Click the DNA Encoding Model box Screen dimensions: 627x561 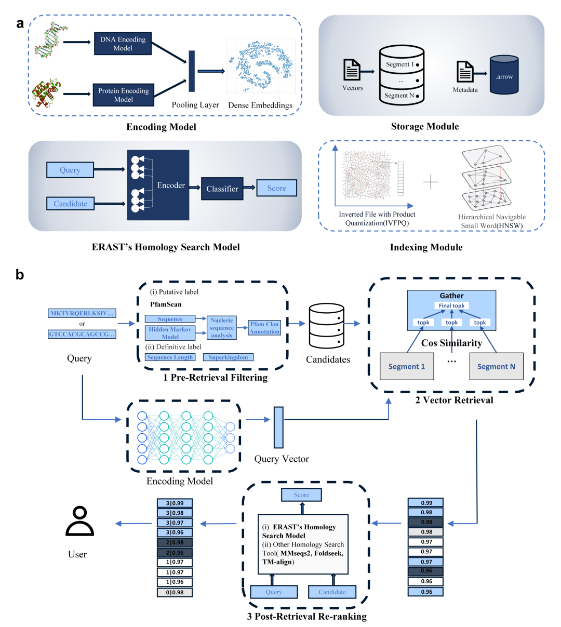click(123, 44)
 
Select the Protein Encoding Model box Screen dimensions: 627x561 click(123, 95)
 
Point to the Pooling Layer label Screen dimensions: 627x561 click(195, 105)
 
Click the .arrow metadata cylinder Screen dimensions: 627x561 click(504, 75)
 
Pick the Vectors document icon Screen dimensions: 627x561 click(352, 70)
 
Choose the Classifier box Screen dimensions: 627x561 click(222, 189)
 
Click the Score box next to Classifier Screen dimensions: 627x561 click(276, 188)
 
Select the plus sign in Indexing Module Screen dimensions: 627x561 click(431, 182)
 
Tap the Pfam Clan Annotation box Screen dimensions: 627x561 click(264, 328)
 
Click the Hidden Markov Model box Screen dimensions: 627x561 click(170, 333)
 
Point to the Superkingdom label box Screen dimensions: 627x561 click(228, 357)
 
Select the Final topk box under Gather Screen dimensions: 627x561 click(451, 305)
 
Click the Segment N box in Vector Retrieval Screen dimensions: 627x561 click(496, 366)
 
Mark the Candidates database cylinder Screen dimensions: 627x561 click(326, 326)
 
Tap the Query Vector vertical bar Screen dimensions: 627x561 click(278, 428)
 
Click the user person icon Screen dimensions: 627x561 click(79, 522)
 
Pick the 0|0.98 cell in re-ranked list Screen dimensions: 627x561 click(175, 592)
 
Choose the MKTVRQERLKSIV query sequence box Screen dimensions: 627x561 click(82, 313)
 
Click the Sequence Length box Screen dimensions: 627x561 click(170, 357)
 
